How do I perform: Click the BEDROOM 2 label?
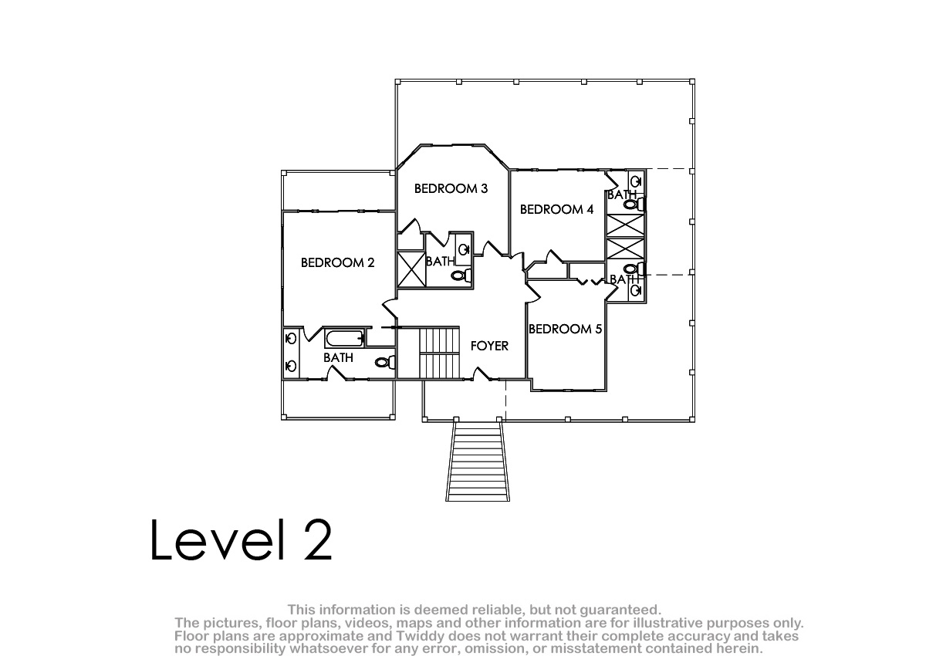click(337, 262)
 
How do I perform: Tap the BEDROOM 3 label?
click(451, 188)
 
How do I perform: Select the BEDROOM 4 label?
click(556, 210)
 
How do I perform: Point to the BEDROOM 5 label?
click(565, 329)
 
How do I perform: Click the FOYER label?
click(489, 346)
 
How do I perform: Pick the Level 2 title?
click(241, 539)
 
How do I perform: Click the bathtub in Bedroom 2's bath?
click(344, 338)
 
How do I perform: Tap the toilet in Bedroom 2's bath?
click(385, 363)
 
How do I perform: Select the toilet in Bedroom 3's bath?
click(461, 275)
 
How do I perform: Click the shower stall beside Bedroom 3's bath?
click(411, 269)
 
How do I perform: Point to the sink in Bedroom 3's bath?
click(464, 249)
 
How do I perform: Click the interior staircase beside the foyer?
click(439, 353)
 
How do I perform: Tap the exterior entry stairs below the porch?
click(478, 461)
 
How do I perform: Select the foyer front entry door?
click(482, 374)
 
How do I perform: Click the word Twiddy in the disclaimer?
click(421, 636)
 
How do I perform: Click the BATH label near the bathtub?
click(338, 357)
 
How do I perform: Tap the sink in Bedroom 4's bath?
click(636, 181)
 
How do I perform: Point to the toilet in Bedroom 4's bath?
click(634, 204)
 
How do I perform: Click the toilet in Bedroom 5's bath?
click(634, 269)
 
